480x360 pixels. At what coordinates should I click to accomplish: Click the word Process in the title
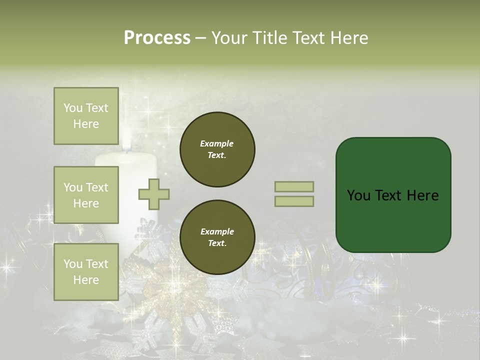click(x=157, y=38)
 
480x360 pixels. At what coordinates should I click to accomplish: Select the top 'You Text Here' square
click(x=86, y=116)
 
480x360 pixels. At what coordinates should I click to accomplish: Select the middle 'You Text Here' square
click(x=86, y=195)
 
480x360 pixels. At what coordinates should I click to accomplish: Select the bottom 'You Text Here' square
click(x=86, y=271)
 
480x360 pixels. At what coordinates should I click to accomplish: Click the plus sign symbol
click(x=154, y=194)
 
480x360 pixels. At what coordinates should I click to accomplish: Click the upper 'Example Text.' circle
click(x=217, y=149)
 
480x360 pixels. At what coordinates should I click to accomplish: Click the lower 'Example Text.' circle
click(x=217, y=237)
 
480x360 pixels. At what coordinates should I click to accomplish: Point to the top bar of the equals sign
click(x=294, y=186)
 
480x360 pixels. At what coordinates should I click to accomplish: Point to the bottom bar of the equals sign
click(x=294, y=201)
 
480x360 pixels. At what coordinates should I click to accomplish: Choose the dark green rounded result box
click(x=393, y=195)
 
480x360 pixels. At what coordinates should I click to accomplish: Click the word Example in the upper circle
click(x=217, y=143)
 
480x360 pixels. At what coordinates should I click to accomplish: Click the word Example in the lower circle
click(x=217, y=231)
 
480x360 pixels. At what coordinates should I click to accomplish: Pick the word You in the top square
click(x=72, y=108)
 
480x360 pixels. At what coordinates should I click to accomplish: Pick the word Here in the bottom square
click(x=86, y=280)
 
